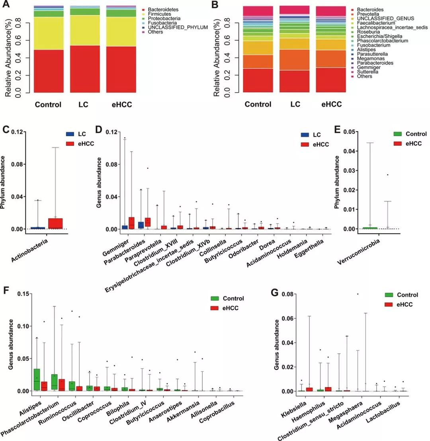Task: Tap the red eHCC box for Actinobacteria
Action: click(55, 223)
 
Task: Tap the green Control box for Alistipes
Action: click(37, 380)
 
